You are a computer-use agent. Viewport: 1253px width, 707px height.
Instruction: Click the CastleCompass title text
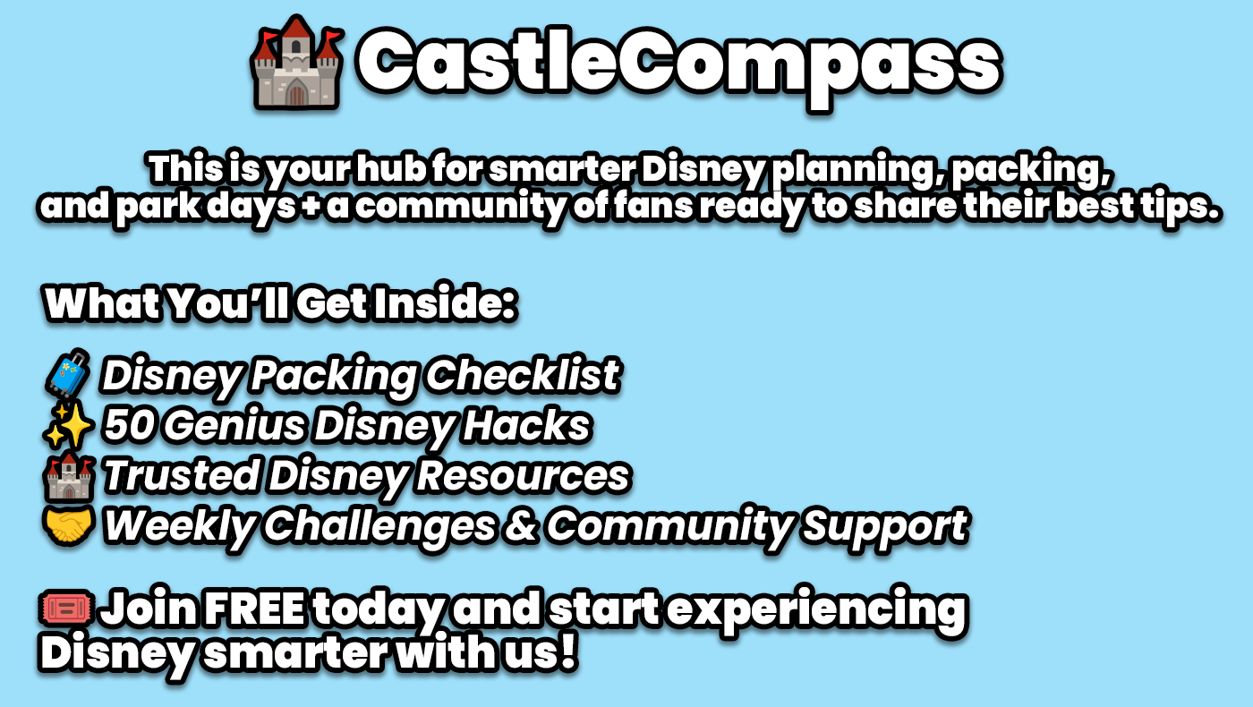679,66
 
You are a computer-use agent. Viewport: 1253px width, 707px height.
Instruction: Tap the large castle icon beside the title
297,63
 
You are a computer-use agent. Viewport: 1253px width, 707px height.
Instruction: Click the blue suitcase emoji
68,373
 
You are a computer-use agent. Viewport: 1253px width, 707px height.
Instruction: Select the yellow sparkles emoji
68,425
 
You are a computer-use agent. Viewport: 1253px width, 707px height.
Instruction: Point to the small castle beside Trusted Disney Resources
68,476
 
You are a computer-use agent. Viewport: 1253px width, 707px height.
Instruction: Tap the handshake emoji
68,526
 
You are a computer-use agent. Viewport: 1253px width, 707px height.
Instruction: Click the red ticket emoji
66,608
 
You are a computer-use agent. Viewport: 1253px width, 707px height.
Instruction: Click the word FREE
254,608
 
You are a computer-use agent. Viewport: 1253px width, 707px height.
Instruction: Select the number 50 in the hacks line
129,425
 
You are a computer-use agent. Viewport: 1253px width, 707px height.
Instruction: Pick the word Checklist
523,375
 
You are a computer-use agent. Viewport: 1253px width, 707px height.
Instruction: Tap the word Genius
234,426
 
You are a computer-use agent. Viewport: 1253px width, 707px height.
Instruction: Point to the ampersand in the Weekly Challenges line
520,526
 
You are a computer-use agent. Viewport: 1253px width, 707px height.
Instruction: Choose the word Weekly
180,527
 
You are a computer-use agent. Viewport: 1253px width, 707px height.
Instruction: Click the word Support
885,527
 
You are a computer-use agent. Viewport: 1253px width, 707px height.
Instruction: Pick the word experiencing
817,610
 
